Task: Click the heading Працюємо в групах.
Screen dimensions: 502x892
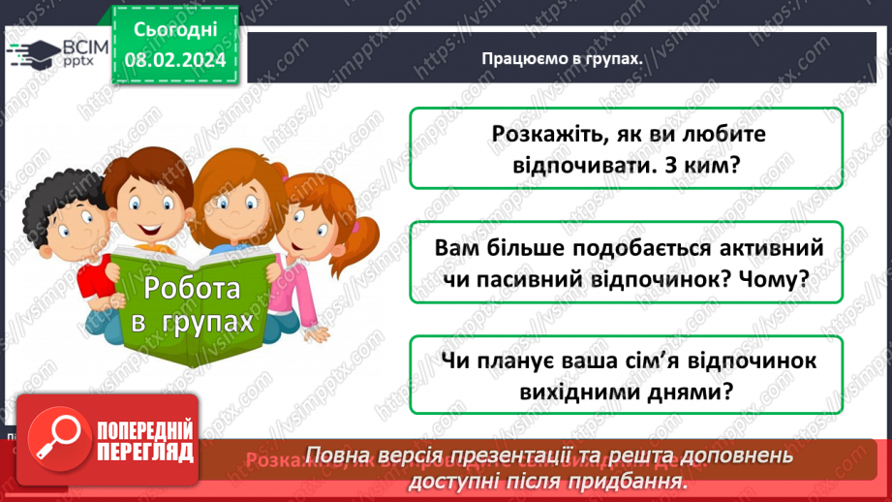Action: coord(563,58)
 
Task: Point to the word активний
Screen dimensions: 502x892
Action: coord(772,248)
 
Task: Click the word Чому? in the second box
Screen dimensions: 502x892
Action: coord(776,279)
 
